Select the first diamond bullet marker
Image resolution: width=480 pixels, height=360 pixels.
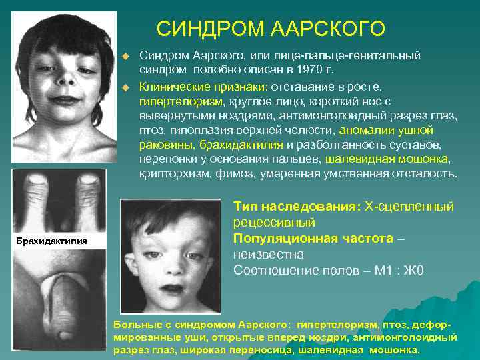click(125, 56)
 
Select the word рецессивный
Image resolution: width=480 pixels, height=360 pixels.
click(275, 223)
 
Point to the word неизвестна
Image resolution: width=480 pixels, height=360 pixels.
click(269, 255)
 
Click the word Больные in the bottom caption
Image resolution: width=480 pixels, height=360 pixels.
click(136, 325)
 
